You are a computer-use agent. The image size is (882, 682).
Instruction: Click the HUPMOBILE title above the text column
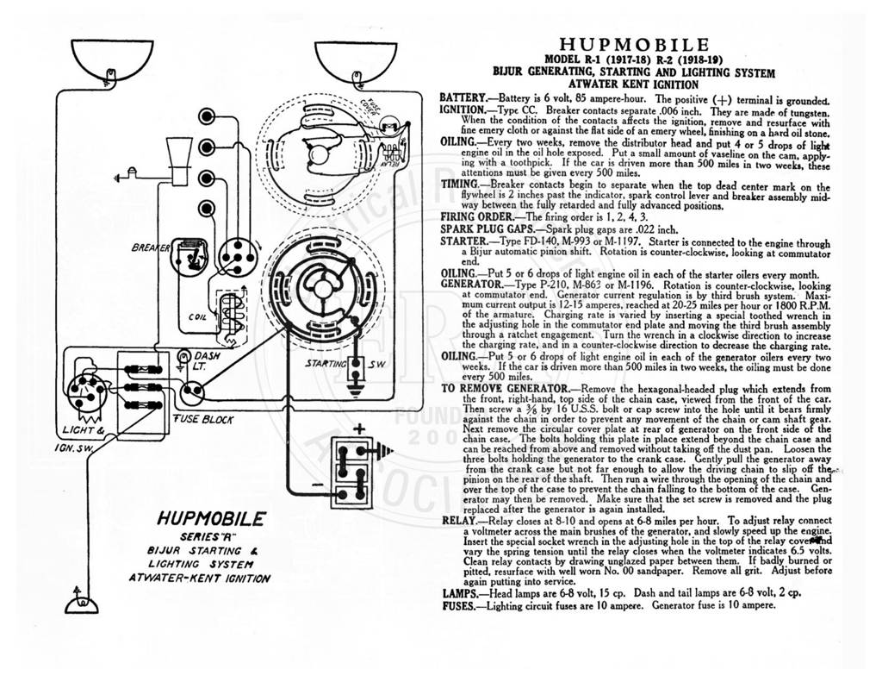634,45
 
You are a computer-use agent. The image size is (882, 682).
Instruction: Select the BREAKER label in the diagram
150,247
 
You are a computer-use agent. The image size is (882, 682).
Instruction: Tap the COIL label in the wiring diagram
197,317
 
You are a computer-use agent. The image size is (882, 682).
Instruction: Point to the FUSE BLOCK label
203,419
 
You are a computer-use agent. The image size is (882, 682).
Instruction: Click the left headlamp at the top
113,61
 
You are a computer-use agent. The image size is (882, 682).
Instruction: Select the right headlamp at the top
357,62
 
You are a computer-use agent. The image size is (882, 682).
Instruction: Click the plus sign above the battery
359,429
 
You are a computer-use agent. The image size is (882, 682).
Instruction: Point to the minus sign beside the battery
317,485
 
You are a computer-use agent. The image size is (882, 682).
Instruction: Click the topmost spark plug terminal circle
207,116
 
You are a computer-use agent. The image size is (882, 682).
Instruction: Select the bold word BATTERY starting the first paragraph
463,98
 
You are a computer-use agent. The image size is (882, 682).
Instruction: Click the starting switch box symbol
356,369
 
